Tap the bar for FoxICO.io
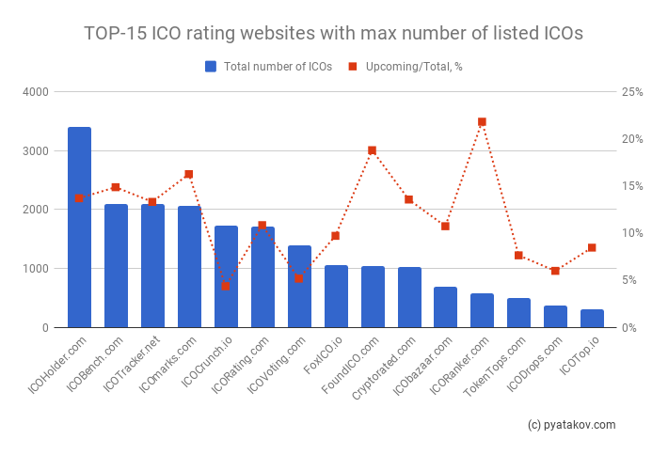[x=336, y=296]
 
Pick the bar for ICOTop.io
[x=593, y=319]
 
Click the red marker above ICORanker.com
[x=482, y=122]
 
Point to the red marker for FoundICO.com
[x=372, y=150]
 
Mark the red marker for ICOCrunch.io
[x=225, y=286]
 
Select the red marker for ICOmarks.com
[x=188, y=174]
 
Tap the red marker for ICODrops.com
[x=555, y=271]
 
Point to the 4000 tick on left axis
[x=39, y=92]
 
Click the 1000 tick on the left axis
[x=39, y=269]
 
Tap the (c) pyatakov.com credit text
[x=571, y=425]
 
